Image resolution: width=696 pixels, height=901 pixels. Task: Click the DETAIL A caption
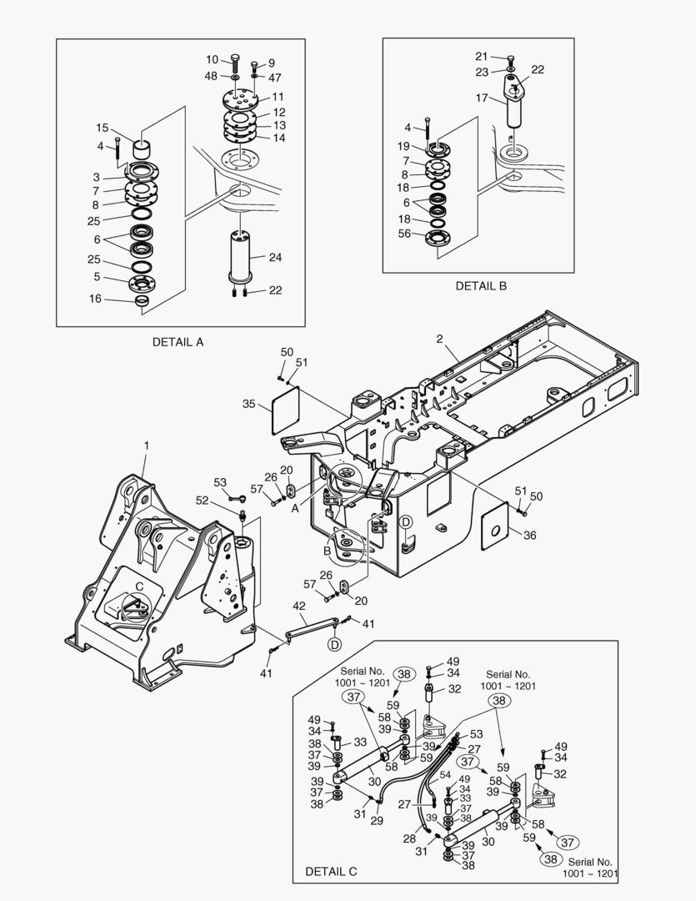(178, 342)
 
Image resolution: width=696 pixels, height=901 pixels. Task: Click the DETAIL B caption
(481, 285)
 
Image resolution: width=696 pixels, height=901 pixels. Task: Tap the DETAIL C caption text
(331, 871)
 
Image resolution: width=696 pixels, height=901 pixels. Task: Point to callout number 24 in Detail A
(276, 258)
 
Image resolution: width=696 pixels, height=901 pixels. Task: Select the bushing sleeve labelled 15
(143, 149)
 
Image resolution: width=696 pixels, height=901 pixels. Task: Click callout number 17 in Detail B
(481, 98)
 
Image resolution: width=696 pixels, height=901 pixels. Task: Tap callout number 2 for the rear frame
(440, 339)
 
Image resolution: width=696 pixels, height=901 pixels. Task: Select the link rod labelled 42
(312, 627)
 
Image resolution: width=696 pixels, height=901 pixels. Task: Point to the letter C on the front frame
(139, 586)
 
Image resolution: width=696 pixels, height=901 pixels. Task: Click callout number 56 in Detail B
(404, 234)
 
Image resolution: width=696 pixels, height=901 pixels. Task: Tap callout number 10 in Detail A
(212, 59)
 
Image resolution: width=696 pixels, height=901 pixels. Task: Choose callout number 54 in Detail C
(446, 774)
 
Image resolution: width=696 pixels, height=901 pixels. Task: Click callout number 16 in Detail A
(95, 299)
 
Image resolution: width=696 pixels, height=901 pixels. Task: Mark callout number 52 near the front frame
(203, 501)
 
